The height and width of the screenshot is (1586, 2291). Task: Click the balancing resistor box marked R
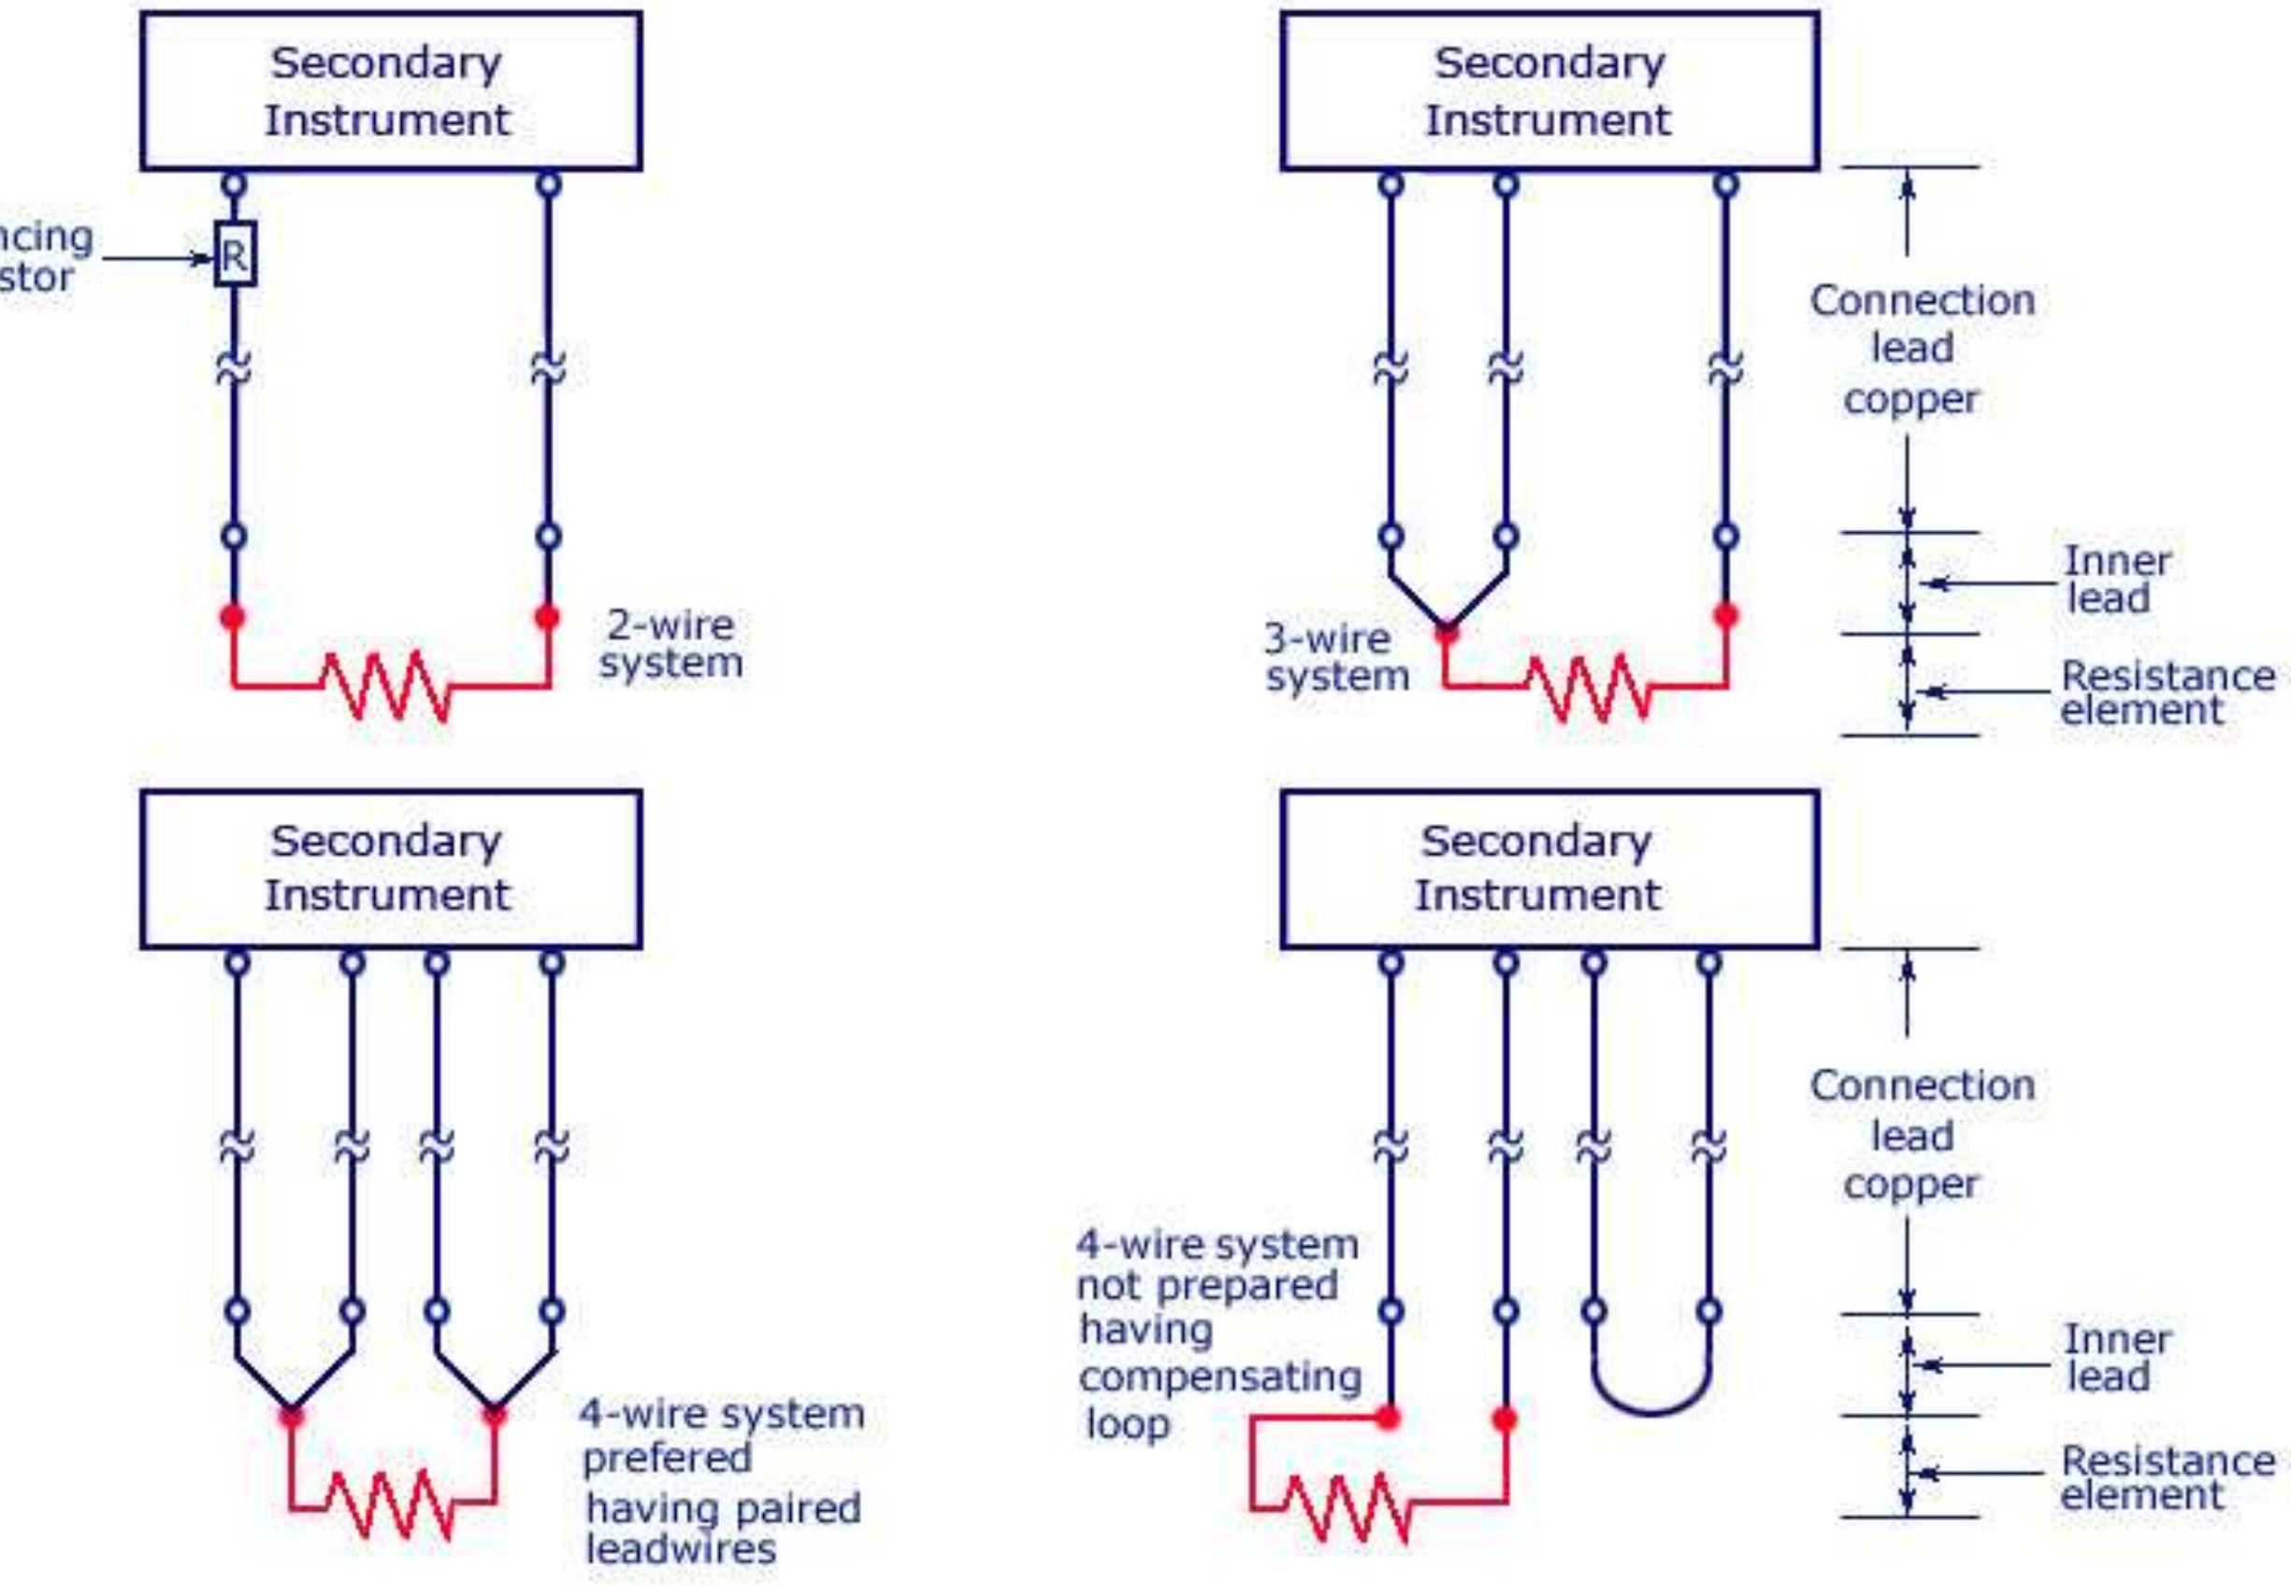[x=235, y=254]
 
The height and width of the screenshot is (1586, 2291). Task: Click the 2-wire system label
[x=670, y=644]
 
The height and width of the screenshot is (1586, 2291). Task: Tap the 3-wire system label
[x=1336, y=657]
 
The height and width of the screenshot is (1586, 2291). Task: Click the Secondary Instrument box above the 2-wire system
[x=391, y=92]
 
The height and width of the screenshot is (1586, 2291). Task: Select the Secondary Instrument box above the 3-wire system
[x=1549, y=92]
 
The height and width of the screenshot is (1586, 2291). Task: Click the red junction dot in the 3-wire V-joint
[x=1447, y=630]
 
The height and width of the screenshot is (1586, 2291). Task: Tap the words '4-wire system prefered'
[x=721, y=1435]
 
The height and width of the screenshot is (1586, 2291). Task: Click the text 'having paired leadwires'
[x=722, y=1528]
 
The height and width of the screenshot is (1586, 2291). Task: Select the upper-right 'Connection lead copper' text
[x=1921, y=349]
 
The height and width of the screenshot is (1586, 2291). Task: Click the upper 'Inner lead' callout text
[x=2117, y=580]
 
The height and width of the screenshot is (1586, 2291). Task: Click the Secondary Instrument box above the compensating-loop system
[x=1549, y=869]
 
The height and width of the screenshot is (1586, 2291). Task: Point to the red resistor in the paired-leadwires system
[x=391, y=1503]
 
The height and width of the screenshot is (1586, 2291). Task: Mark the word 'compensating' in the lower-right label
[x=1220, y=1377]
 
